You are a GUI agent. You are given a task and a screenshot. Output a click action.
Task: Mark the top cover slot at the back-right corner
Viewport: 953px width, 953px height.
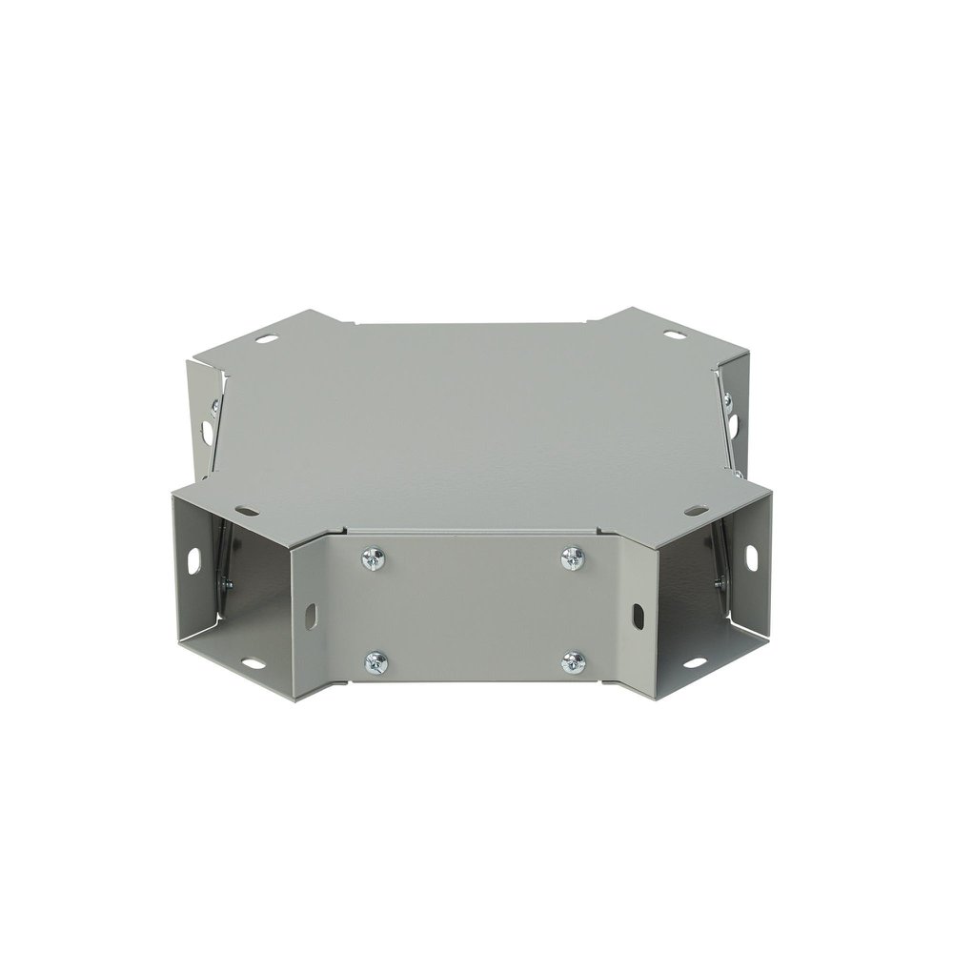(676, 335)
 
